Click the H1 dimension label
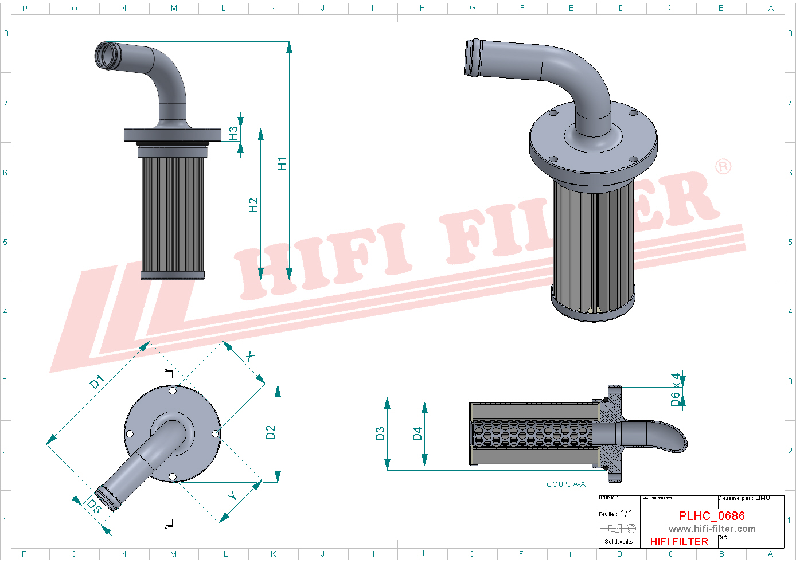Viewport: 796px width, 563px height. tap(282, 163)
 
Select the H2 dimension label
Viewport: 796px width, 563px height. tap(253, 205)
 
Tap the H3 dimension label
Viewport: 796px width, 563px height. tap(233, 134)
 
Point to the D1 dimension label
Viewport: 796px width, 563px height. tap(97, 382)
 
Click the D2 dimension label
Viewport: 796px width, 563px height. tap(271, 432)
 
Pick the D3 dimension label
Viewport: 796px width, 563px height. tap(380, 433)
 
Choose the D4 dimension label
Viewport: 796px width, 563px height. tap(417, 433)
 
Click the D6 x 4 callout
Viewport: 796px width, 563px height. tap(676, 389)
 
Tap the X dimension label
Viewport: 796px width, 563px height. tap(249, 357)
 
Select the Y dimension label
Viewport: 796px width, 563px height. tap(232, 495)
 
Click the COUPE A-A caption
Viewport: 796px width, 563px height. tap(565, 484)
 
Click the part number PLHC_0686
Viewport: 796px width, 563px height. tap(712, 515)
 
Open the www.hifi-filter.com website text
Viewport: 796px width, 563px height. tap(712, 529)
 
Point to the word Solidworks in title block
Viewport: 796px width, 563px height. tap(618, 541)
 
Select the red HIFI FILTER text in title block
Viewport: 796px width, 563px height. tap(679, 541)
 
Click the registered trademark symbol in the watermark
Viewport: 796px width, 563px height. tap(723, 166)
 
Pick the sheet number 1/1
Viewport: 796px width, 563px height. tap(626, 514)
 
